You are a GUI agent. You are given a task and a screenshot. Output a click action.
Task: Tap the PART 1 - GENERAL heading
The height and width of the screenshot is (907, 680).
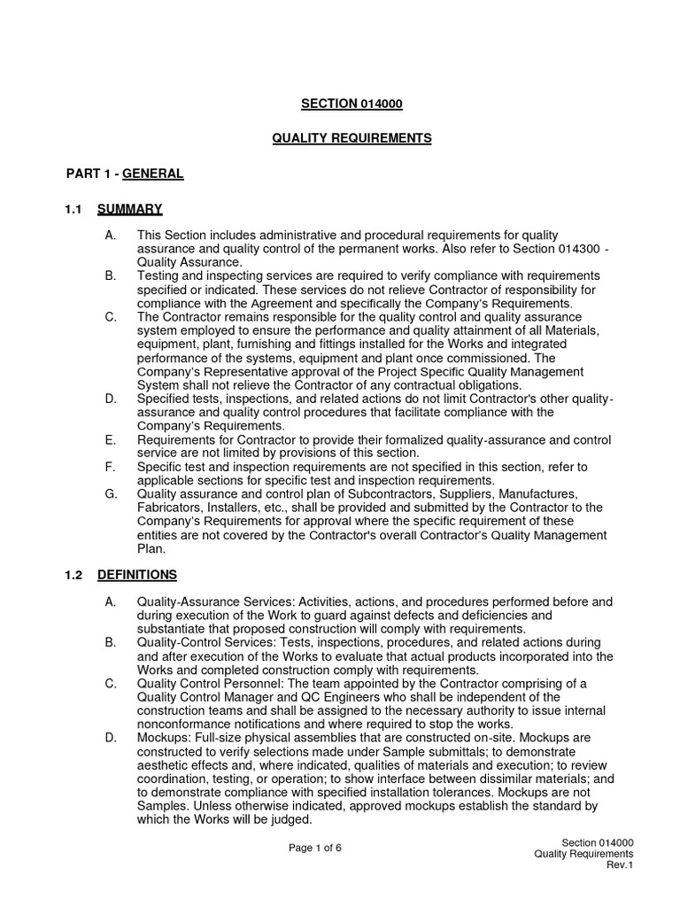pos(125,174)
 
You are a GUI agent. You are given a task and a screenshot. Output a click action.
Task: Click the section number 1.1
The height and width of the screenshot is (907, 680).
pos(73,209)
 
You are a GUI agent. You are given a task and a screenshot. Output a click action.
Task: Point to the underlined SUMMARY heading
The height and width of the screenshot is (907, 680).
pos(129,209)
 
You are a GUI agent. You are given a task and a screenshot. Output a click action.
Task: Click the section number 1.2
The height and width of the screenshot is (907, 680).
pos(73,575)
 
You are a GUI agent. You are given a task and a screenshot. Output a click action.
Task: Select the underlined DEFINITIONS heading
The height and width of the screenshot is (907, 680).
pos(137,575)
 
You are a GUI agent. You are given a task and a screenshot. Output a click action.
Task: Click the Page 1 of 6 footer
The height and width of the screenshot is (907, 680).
pos(315,848)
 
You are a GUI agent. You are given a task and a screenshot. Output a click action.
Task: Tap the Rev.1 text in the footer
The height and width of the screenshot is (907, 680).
pos(619,865)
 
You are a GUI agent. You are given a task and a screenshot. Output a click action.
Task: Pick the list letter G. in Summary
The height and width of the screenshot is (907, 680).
pos(111,493)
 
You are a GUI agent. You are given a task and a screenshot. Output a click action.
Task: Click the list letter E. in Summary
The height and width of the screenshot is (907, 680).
pos(110,439)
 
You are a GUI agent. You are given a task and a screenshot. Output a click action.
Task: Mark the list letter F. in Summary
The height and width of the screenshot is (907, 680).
pos(110,466)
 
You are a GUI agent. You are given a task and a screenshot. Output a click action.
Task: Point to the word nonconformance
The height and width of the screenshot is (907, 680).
pos(181,724)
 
